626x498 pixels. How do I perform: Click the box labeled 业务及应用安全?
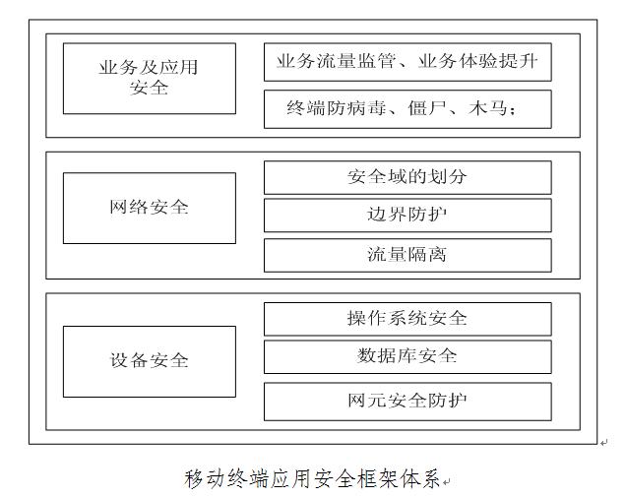[x=150, y=79]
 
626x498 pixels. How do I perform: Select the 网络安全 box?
[x=150, y=208]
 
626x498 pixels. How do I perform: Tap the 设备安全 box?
[x=150, y=361]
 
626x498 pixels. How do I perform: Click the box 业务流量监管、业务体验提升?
[x=407, y=62]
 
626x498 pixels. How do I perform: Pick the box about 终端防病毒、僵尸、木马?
[x=407, y=109]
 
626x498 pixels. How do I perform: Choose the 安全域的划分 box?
[x=407, y=177]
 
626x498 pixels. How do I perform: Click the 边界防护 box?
[x=407, y=216]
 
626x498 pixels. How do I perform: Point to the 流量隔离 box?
[x=407, y=255]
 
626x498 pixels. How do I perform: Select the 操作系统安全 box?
[x=407, y=319]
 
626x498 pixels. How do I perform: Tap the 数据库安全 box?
[x=407, y=356]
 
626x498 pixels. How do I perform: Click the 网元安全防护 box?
[x=407, y=402]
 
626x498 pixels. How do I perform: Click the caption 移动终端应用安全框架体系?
[x=312, y=478]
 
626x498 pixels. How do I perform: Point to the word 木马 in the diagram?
[x=488, y=108]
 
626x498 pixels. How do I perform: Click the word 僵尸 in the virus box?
[x=427, y=108]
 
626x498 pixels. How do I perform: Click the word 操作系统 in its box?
[x=387, y=318]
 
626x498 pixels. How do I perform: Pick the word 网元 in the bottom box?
[x=367, y=401]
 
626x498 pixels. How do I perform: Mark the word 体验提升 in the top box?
[x=498, y=61]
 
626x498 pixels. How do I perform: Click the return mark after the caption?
[x=446, y=482]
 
